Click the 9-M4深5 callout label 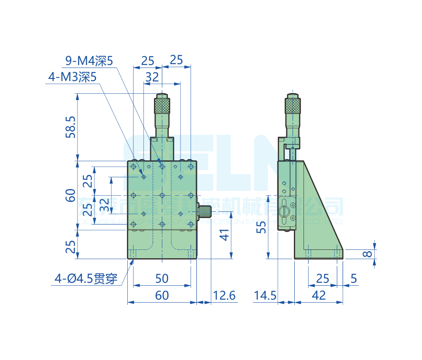pos(89,61)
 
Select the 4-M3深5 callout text pos(73,77)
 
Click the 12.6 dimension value pos(224,295)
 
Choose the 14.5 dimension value pos(265,295)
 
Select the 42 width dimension pos(319,295)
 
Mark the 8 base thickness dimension pos(368,254)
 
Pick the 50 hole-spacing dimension pos(162,279)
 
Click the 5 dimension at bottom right pos(353,279)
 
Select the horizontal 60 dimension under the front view pos(162,295)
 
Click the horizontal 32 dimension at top pos(152,77)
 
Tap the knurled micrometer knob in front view pos(162,105)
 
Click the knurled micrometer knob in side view pos(293,106)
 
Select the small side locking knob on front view pos(205,211)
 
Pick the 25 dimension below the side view pos(323,279)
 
